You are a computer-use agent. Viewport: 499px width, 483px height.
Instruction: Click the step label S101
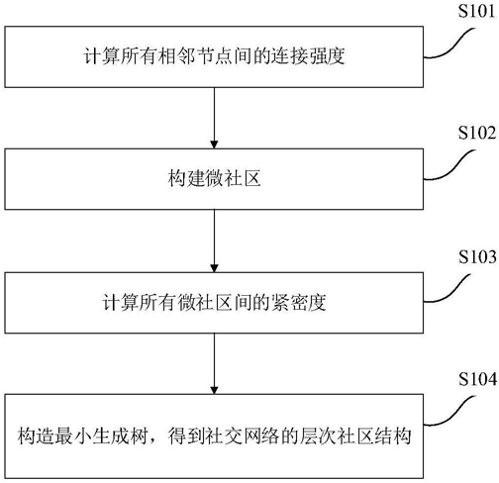pos(477,11)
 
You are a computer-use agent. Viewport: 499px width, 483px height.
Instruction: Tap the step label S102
pos(477,133)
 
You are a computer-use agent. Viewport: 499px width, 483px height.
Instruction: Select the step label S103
pos(477,256)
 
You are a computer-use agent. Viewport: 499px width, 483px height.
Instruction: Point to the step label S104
pos(477,379)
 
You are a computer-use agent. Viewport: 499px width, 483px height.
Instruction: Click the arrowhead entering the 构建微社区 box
pos(214,145)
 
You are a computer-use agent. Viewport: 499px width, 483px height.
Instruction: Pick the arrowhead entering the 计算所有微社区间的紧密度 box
pos(214,268)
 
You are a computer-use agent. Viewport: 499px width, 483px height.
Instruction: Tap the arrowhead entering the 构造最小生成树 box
pos(214,390)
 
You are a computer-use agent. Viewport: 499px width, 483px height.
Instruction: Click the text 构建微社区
pos(214,178)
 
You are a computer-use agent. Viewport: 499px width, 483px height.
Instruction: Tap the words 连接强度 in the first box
pos(308,55)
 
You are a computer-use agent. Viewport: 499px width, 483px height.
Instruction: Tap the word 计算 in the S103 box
pos(120,302)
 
